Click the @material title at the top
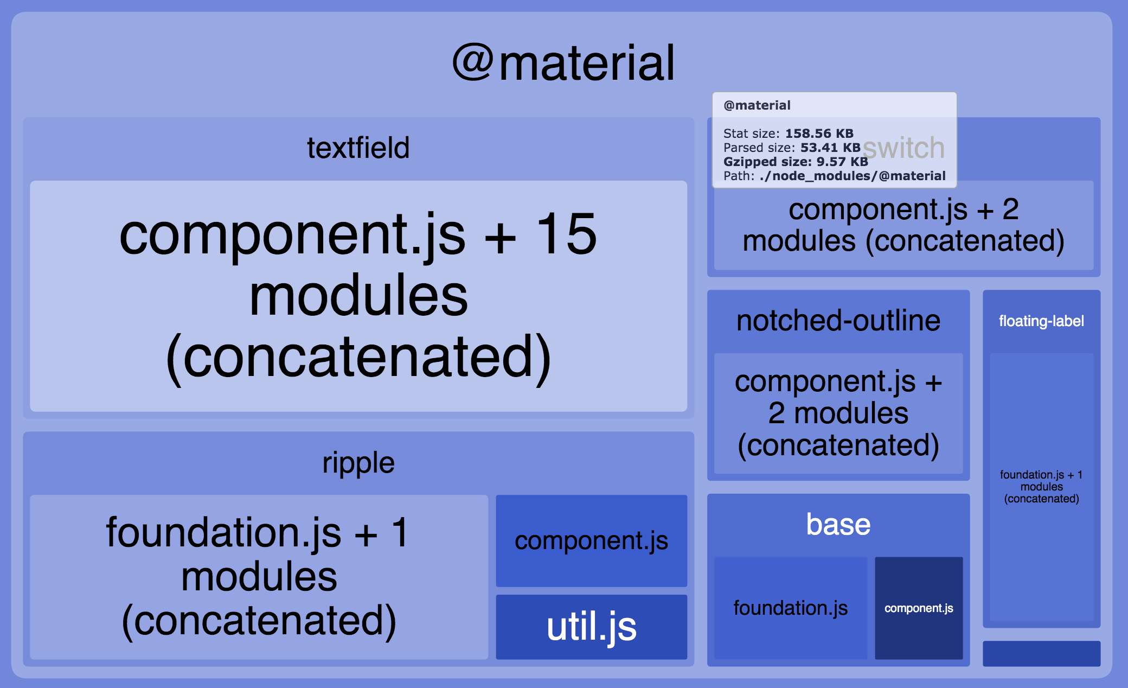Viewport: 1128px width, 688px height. pyautogui.click(x=564, y=64)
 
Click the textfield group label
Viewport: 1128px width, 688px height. pyautogui.click(x=358, y=148)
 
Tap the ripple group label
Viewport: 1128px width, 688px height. pyautogui.click(x=358, y=463)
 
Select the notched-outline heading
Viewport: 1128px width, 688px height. pyautogui.click(x=838, y=321)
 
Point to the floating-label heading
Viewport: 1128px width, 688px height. pyautogui.click(x=1041, y=321)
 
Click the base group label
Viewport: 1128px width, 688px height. pyautogui.click(x=838, y=525)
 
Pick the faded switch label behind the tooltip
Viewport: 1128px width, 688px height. pyautogui.click(x=904, y=148)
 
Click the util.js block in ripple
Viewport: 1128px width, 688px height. pyautogui.click(x=591, y=627)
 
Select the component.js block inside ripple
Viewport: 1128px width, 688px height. pyautogui.click(x=591, y=540)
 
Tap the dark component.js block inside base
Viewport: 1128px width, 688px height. pyautogui.click(x=919, y=608)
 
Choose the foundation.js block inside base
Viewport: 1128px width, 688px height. pyautogui.click(x=790, y=608)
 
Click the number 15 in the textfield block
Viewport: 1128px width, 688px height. pyautogui.click(x=567, y=234)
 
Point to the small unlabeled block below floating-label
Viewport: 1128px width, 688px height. pyautogui.click(x=1041, y=653)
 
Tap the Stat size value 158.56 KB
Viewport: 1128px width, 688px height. pyautogui.click(x=819, y=133)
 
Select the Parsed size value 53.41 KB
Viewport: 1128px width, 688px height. pyautogui.click(x=830, y=148)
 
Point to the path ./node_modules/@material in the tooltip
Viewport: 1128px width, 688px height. pyautogui.click(x=853, y=176)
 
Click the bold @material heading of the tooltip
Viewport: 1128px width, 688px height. pyautogui.click(x=757, y=105)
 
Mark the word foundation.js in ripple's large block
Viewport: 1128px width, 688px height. pyautogui.click(x=223, y=533)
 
